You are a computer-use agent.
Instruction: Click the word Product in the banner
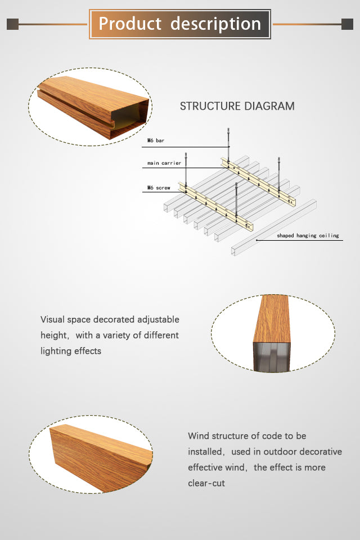tap(130, 24)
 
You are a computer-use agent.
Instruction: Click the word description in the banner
tap(215, 24)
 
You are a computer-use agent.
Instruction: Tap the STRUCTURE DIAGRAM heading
tap(237, 106)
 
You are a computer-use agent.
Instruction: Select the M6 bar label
tap(156, 141)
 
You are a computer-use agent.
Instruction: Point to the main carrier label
tap(164, 163)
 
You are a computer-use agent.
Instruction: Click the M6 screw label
tap(159, 188)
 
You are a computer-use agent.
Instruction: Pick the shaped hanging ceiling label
tap(308, 236)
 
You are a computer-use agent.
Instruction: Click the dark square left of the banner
tap(12, 24)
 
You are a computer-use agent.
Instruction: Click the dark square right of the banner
tap(347, 24)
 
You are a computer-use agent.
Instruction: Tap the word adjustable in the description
tap(158, 319)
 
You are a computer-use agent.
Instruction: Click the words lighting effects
tap(71, 351)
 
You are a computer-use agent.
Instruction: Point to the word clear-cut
tap(206, 483)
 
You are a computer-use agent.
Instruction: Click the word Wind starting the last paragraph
tap(199, 435)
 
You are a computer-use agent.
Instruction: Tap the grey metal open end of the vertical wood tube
tap(272, 357)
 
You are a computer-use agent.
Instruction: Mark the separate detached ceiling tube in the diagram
tap(273, 227)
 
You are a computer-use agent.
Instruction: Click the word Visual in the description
tap(53, 319)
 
